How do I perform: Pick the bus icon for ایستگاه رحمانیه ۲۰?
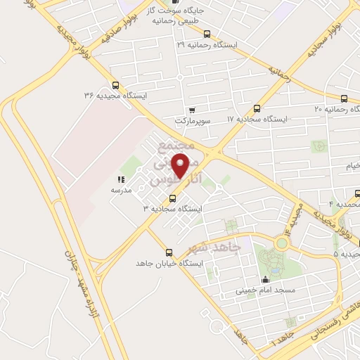tap(344, 98)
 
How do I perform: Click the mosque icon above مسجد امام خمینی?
tap(264, 280)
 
